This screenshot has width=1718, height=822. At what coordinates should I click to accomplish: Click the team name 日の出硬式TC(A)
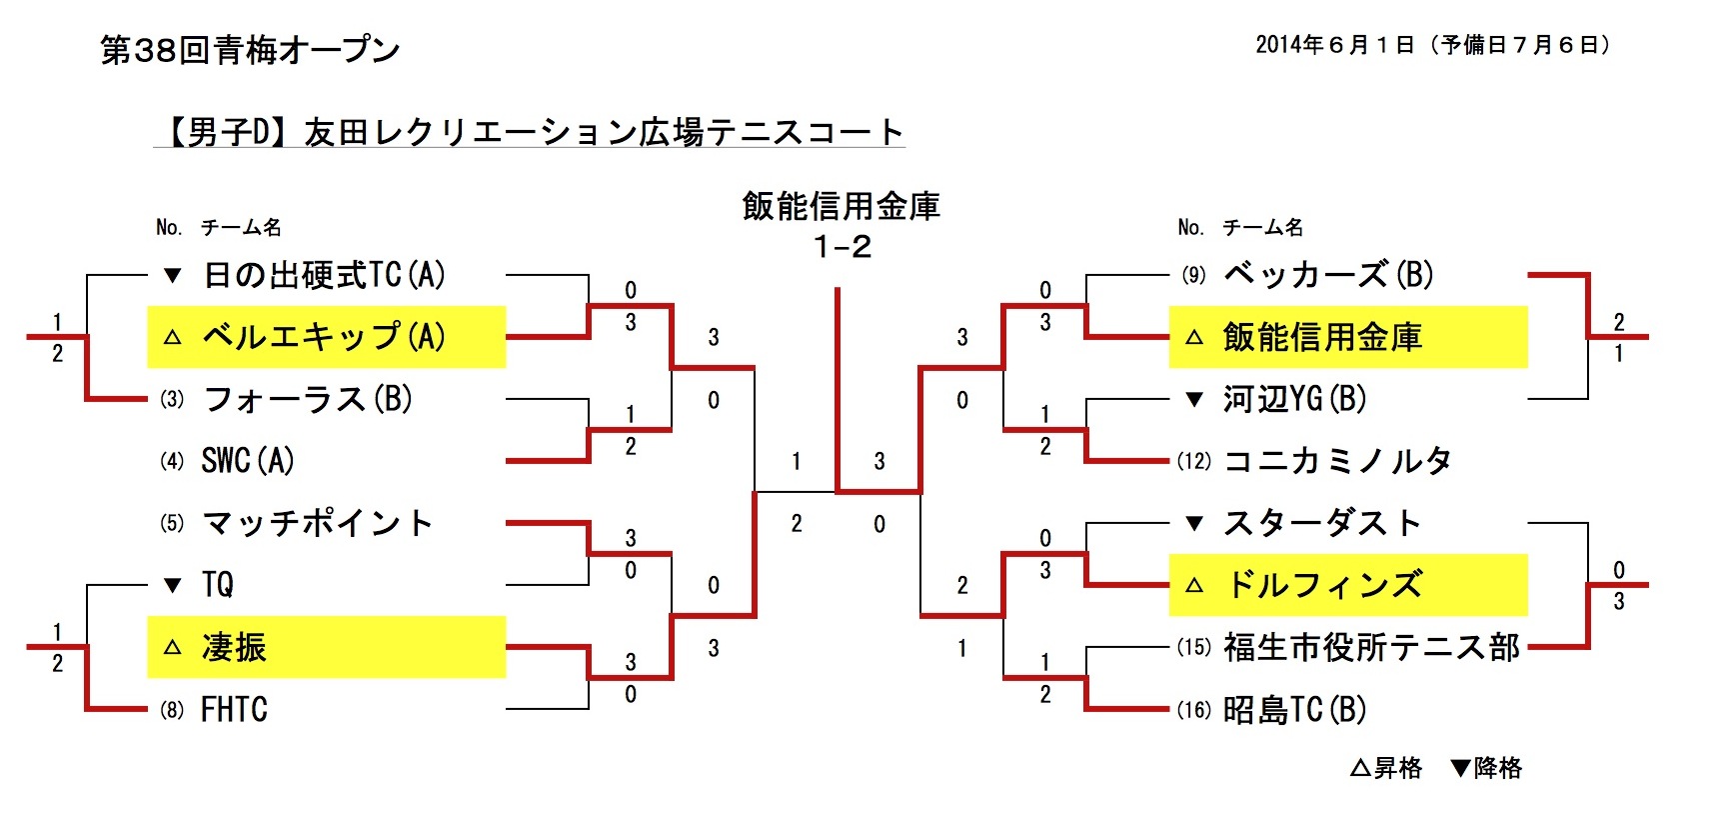tap(324, 275)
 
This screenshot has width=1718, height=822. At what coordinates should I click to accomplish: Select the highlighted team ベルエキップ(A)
tap(324, 337)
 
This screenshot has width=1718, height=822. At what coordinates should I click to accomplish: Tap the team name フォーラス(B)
tap(308, 399)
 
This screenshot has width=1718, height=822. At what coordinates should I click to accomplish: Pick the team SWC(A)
tap(248, 461)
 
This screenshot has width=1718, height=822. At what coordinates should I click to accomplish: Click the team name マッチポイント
tap(318, 523)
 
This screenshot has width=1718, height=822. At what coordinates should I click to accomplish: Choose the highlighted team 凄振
tap(234, 647)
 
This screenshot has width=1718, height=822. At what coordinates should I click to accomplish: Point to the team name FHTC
tap(234, 709)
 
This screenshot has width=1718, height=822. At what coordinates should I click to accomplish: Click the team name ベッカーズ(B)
tap(1327, 275)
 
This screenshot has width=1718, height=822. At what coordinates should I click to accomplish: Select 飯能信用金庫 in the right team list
tap(1321, 337)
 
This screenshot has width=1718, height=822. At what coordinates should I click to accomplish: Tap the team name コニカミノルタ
tap(1337, 461)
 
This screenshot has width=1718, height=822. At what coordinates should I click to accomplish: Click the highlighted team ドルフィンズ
tap(1323, 585)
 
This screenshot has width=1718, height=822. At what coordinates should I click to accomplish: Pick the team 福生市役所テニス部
tap(1371, 647)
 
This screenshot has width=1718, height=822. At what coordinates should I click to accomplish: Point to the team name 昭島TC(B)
tap(1294, 709)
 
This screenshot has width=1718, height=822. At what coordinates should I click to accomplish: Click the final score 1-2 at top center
tap(842, 246)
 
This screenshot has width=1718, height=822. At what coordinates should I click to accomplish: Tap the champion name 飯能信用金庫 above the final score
tap(842, 206)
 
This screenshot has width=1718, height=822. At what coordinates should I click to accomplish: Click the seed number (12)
tap(1193, 461)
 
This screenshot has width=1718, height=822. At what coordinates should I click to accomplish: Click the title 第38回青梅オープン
tap(250, 50)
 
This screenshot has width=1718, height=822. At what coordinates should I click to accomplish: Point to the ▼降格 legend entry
tap(1486, 768)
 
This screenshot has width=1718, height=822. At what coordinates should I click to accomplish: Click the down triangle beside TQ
tap(172, 585)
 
